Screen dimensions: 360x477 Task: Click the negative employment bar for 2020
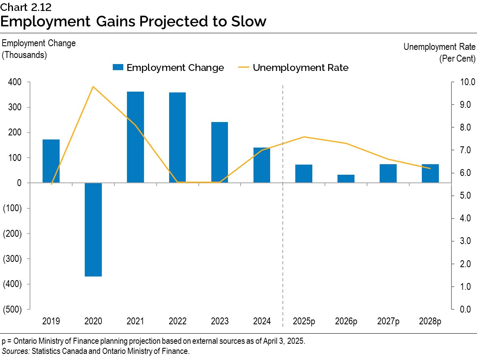tap(93, 229)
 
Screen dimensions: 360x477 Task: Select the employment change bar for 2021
tap(135, 137)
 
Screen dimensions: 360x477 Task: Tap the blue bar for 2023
tap(219, 152)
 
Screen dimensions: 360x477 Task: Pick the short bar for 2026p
tap(346, 178)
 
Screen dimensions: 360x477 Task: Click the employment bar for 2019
tap(51, 161)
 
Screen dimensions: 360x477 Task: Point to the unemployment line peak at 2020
tap(93, 86)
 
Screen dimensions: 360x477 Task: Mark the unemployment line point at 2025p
tap(304, 137)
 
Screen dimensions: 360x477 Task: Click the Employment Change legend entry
tap(168, 68)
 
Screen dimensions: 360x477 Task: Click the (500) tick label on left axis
tap(12, 309)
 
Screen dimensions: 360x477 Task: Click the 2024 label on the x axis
tap(262, 321)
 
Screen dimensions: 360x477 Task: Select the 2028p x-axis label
tap(430, 321)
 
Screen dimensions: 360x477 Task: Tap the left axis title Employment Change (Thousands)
tap(39, 49)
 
